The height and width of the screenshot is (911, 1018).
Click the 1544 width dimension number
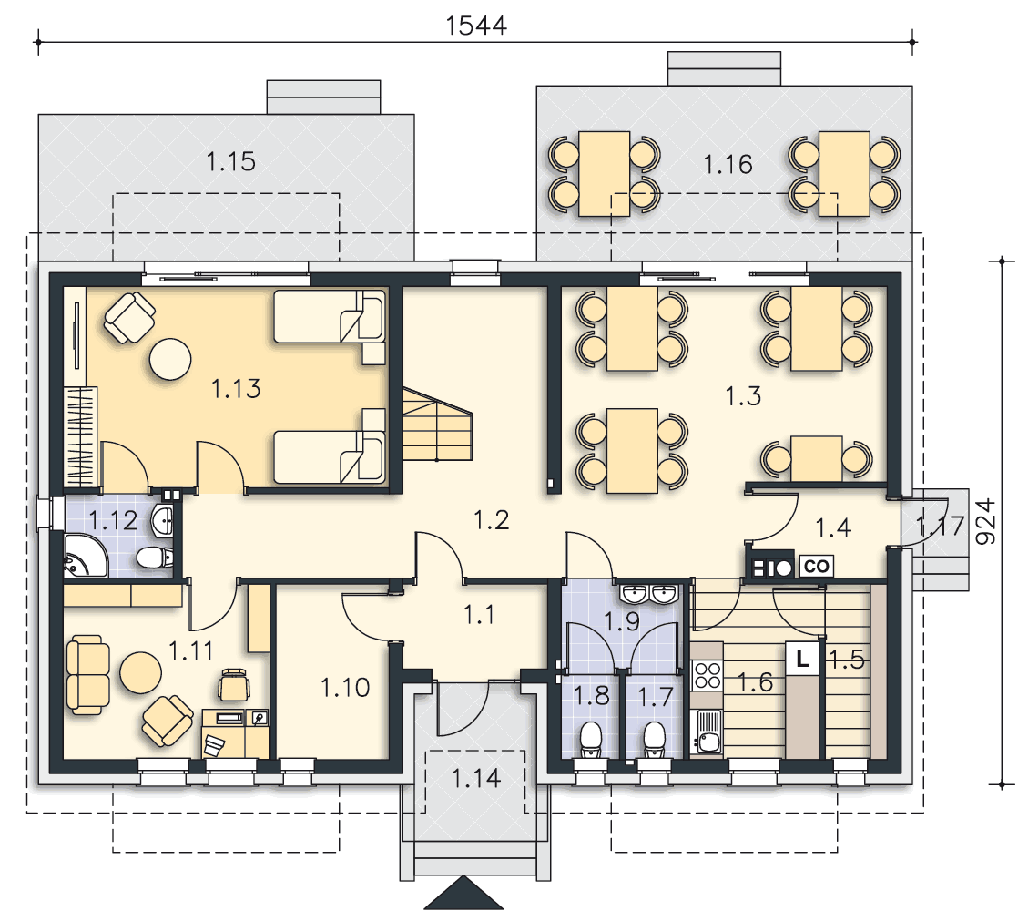tap(476, 26)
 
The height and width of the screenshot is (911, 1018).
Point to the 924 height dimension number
tap(985, 521)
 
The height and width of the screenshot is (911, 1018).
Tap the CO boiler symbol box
tap(816, 567)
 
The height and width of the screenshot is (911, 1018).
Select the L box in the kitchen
tap(802, 659)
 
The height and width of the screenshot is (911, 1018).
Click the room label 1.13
tap(237, 388)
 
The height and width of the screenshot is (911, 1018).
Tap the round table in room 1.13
tap(170, 358)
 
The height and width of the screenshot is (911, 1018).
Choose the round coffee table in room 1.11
tap(141, 672)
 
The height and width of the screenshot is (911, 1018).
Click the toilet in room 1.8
tap(591, 741)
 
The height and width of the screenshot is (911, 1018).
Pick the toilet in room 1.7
tap(655, 741)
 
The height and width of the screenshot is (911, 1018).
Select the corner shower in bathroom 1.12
tap(84, 557)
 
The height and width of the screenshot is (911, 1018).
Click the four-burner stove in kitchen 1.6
tap(707, 675)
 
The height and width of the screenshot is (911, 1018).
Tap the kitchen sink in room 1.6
tap(707, 732)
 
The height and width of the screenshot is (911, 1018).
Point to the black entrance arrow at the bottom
tap(463, 895)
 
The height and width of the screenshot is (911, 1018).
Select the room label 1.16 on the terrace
tap(728, 165)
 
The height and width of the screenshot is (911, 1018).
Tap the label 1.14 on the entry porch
tap(476, 778)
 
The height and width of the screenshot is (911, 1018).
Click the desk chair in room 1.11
tap(234, 685)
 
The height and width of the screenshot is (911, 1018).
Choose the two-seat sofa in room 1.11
tap(87, 675)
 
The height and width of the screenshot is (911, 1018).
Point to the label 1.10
tap(345, 687)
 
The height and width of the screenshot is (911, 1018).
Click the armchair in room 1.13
tap(130, 317)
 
